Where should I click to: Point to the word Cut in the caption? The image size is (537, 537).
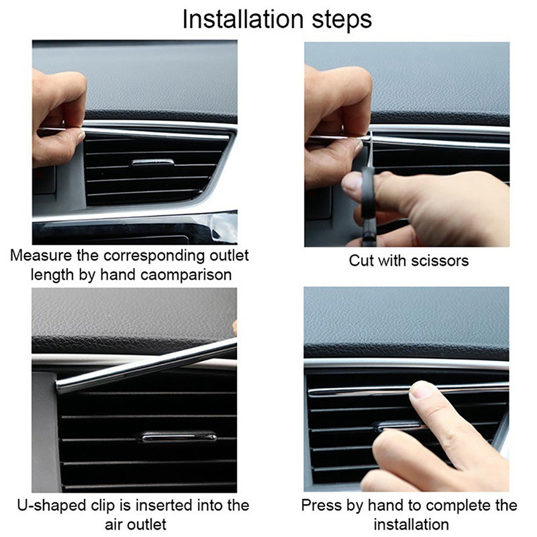click(360, 260)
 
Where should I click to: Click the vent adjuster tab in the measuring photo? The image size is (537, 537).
click(152, 162)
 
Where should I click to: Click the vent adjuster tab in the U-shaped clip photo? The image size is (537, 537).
click(179, 436)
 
